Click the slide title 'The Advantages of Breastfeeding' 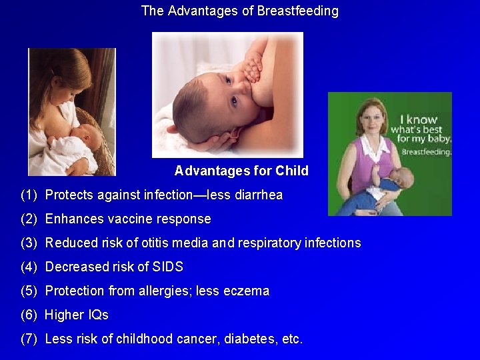pos(240,11)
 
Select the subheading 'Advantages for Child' pos(241,171)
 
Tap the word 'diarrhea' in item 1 pos(256,195)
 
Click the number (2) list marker pos(29,219)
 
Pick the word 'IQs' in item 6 pos(96,315)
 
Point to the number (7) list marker pos(29,339)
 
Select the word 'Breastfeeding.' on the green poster pos(427,151)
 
